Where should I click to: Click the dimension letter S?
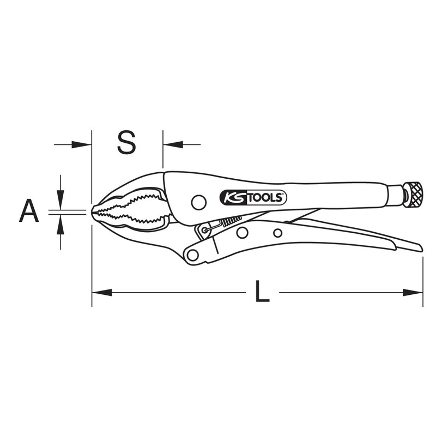[x=126, y=143]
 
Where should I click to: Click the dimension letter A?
[x=29, y=211]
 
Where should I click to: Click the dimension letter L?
[x=262, y=293]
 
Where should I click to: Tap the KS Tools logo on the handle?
[x=253, y=198]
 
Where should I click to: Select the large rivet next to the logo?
[x=199, y=203]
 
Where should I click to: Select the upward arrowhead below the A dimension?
[x=60, y=223]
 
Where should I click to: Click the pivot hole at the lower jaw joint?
[x=191, y=254]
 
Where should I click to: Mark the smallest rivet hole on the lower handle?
[x=277, y=233]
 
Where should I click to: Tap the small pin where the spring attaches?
[x=204, y=231]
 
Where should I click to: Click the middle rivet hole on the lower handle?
[x=242, y=233]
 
